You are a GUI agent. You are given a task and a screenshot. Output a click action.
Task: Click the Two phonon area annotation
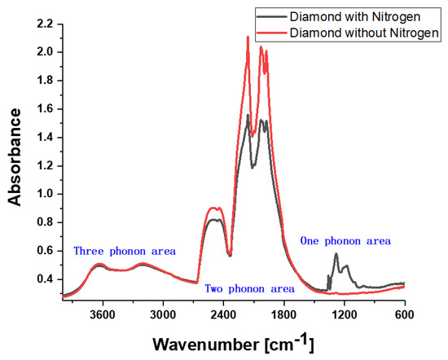point(249,288)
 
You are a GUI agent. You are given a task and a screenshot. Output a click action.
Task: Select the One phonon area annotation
point(345,241)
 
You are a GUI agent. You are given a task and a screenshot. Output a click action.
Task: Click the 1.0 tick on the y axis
point(45,194)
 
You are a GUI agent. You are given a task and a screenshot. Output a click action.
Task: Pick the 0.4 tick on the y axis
point(45,279)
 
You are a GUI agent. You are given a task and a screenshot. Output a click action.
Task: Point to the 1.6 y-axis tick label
point(45,109)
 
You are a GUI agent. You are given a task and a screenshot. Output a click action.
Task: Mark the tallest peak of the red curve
point(248,37)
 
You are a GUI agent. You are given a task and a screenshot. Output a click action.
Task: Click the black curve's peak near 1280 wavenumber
point(336,254)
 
